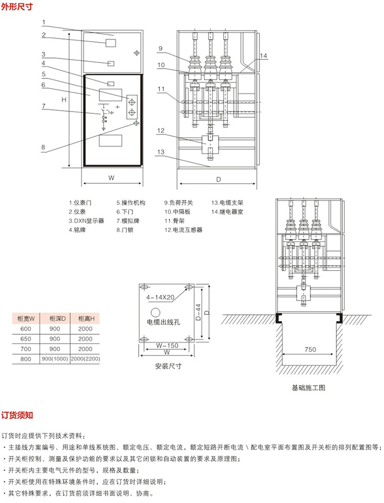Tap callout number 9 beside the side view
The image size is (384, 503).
click(160, 49)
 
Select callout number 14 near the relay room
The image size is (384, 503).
click(263, 56)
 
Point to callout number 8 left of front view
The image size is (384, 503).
click(44, 147)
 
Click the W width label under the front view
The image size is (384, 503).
click(111, 178)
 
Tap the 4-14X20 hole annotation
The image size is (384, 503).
click(160, 297)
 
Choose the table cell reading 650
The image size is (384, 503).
click(25, 339)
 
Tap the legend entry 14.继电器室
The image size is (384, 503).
click(229, 212)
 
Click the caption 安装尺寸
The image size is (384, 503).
click(168, 367)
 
